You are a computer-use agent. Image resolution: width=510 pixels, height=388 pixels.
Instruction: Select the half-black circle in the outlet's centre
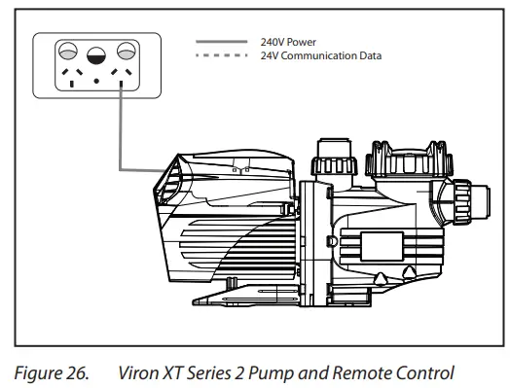pyautogui.click(x=96, y=55)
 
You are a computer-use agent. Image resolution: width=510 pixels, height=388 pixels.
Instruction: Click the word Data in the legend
pyautogui.click(x=369, y=55)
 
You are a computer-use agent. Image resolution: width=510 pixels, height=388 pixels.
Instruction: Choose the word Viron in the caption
pyautogui.click(x=137, y=370)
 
